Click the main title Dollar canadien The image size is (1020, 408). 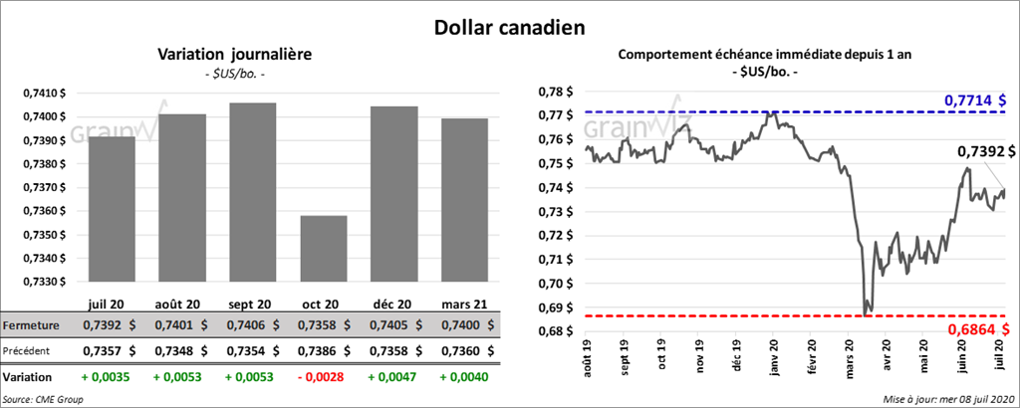(509, 27)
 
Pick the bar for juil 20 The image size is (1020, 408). (112, 209)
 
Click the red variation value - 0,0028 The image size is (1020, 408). (321, 378)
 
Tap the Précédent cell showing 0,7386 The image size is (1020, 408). (321, 350)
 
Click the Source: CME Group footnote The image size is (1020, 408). (43, 399)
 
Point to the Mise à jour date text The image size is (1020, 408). (946, 399)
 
